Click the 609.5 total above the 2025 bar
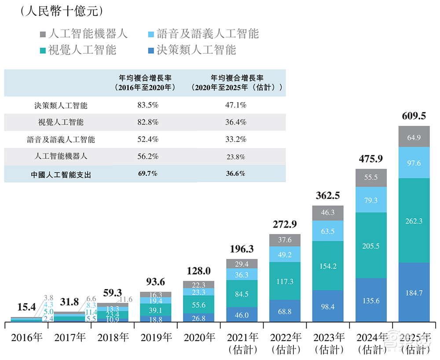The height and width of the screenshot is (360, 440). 414,116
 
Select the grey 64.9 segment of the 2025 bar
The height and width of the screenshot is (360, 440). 414,137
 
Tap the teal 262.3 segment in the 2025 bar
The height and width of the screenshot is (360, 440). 414,221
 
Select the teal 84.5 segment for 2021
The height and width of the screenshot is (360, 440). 242,294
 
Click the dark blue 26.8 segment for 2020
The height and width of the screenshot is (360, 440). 199,318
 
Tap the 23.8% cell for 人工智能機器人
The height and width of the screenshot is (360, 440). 235,157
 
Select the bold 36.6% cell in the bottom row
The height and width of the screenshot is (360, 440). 235,173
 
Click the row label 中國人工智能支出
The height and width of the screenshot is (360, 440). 61,174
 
